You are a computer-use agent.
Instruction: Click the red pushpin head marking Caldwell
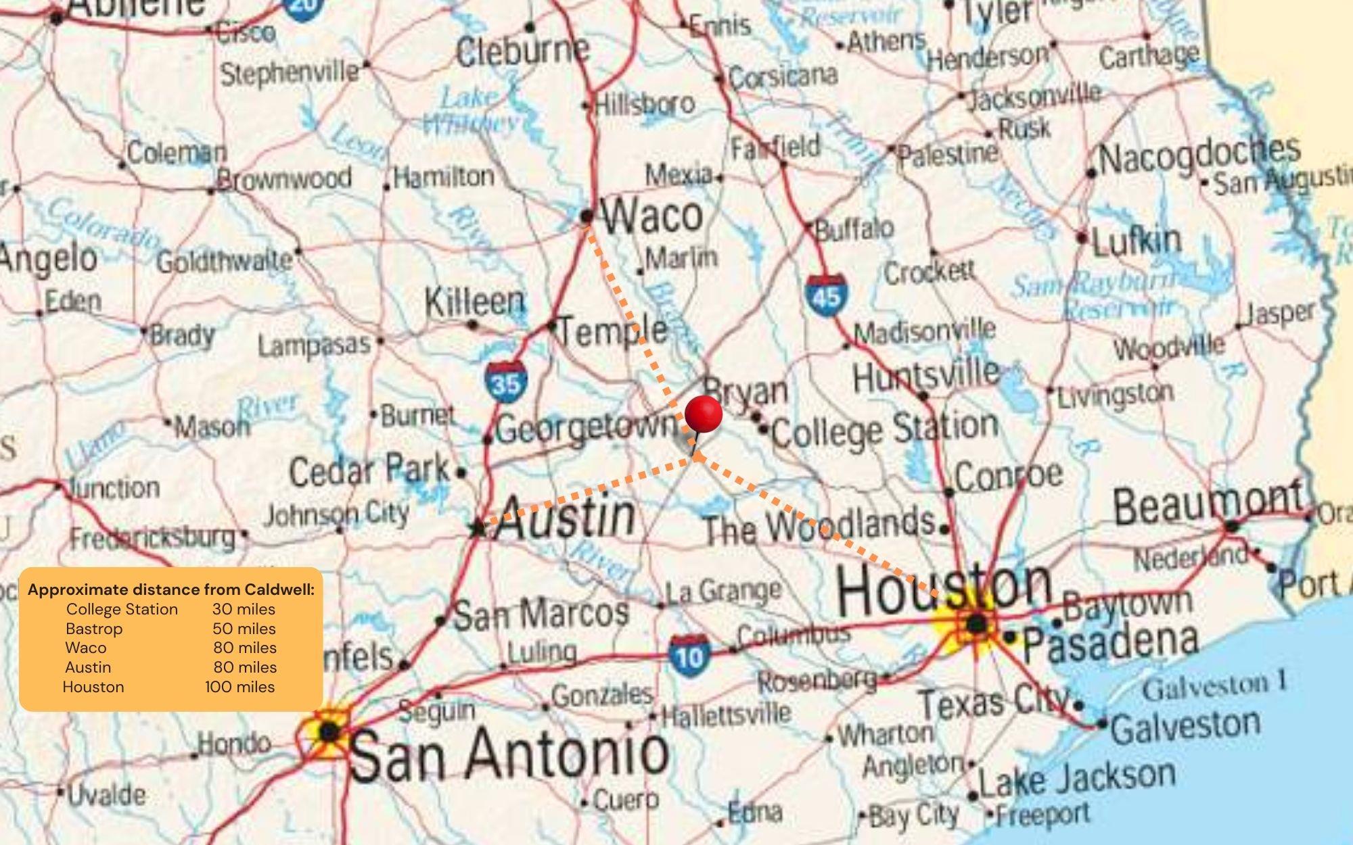pos(704,414)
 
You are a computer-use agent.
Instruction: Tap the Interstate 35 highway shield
pos(505,383)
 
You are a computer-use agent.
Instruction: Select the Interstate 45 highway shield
pos(825,295)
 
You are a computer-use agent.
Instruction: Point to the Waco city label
pos(652,216)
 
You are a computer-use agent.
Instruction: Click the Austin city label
pos(566,518)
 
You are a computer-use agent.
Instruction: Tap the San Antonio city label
pos(509,753)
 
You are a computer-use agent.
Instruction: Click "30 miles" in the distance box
pos(244,609)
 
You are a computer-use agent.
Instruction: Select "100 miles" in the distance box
pos(240,687)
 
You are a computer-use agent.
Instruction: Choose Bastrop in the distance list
pos(94,629)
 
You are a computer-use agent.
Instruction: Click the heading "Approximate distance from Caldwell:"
pos(171,589)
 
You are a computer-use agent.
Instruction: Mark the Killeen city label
pos(475,302)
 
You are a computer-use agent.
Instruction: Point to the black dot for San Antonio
pos(329,731)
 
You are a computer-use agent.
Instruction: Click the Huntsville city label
pos(925,375)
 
